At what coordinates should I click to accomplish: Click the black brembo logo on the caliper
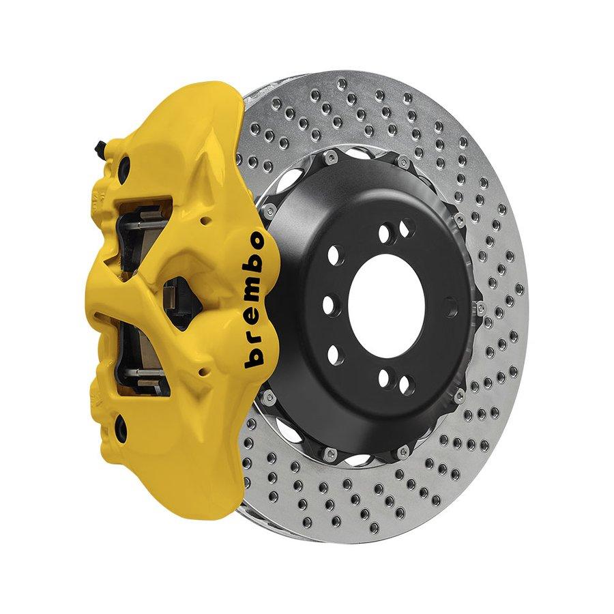tap(254, 299)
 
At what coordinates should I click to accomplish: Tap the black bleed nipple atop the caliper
tap(100, 145)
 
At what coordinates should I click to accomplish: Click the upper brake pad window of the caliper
tap(143, 235)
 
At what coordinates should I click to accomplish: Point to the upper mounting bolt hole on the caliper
tap(125, 166)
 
